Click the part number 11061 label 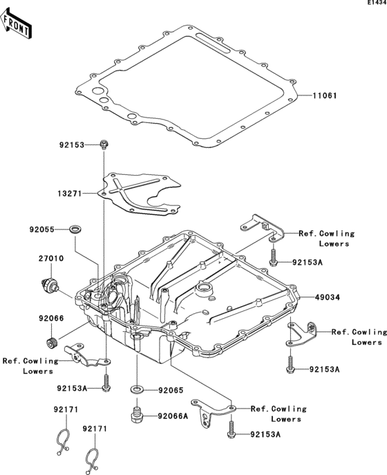(324, 95)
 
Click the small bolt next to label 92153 (103, 145)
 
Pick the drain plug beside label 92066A (136, 417)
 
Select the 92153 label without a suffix (71, 145)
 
